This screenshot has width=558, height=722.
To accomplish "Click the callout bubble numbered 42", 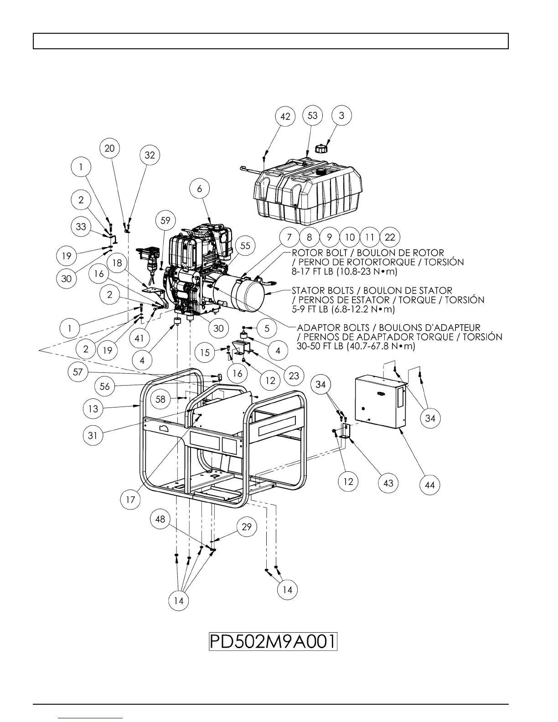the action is point(285,117).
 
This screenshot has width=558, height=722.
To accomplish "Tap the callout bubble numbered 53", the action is point(312,115).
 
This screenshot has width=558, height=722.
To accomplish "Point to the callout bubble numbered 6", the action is point(200,188).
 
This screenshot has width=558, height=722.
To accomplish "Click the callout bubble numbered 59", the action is point(165,221).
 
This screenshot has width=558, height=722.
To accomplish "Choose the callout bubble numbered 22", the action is point(390,237).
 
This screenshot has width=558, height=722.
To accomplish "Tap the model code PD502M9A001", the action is point(273,642).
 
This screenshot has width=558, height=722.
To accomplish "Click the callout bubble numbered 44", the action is point(430,485).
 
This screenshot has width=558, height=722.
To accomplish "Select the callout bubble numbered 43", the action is point(388,483).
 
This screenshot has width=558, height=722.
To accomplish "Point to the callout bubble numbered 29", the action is point(247,527).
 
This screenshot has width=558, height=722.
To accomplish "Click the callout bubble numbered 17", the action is point(130,500).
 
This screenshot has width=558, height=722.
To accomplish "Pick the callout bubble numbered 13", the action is point(93,409).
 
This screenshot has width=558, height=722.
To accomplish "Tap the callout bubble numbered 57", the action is point(78,372).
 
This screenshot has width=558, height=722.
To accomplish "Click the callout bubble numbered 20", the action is point(110,148).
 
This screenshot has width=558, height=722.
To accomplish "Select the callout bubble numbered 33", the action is point(81,227).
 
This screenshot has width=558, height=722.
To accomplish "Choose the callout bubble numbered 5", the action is point(267,328).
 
